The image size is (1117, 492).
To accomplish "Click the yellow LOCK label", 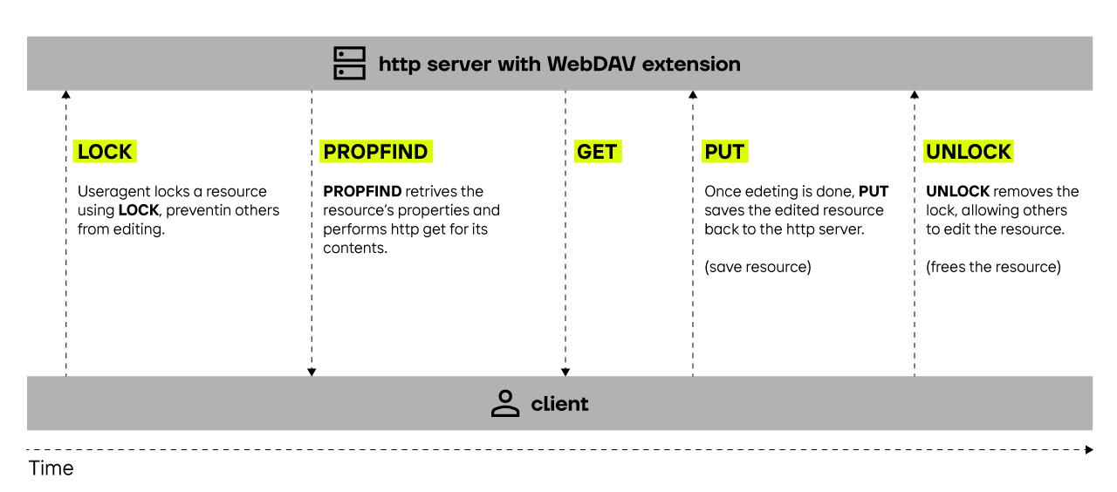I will (104, 152).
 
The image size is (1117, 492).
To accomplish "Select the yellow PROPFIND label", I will (375, 152).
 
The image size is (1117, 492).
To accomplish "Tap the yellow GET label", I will (597, 152).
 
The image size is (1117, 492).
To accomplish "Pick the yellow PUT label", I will (724, 152).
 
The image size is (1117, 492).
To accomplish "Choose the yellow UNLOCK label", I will (969, 152).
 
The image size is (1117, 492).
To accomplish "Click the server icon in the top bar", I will (350, 64).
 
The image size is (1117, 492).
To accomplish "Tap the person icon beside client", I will (504, 404).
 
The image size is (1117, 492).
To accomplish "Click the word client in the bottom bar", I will (559, 404).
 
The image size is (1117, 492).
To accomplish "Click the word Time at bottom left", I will (51, 468).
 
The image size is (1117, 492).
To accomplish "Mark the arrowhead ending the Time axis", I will (1089, 450).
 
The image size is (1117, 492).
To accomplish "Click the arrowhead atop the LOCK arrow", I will (66, 94).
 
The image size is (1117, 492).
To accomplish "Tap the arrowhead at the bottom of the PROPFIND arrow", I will (312, 372).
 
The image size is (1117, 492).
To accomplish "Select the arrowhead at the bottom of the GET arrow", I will (565, 372).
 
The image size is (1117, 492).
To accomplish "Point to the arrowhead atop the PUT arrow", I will (693, 94).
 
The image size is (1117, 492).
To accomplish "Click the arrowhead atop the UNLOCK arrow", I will (915, 94).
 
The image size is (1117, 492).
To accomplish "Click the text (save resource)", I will (757, 267).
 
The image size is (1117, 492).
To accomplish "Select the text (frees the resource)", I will (993, 267).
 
